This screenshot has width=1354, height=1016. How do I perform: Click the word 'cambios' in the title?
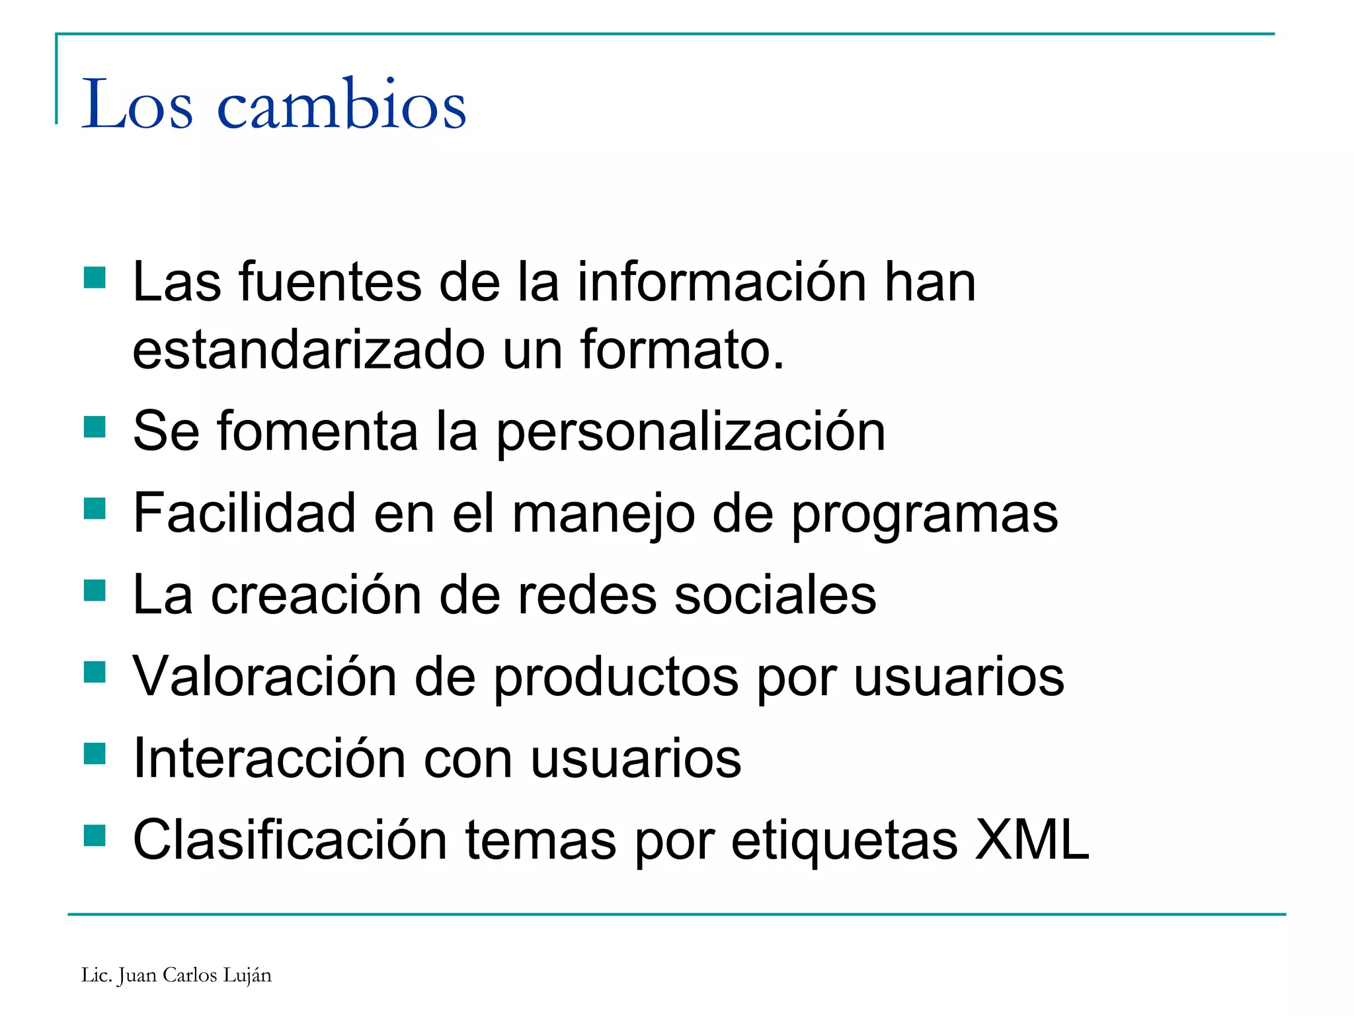point(341,105)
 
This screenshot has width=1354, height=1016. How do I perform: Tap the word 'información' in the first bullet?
point(721,282)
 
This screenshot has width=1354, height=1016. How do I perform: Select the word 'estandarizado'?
point(309,350)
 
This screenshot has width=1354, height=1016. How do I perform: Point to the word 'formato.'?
point(682,350)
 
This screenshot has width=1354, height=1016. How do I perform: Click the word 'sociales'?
point(774,595)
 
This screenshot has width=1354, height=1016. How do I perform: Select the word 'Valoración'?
point(264,677)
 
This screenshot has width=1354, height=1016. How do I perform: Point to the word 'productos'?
point(616,678)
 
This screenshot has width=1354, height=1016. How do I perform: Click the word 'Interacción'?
point(269,759)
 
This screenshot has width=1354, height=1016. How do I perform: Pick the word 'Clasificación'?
point(290,840)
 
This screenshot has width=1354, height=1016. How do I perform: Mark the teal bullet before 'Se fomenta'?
point(95,427)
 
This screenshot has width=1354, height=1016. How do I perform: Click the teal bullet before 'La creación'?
point(95,590)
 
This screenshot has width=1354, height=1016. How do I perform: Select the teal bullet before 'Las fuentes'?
point(95,278)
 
